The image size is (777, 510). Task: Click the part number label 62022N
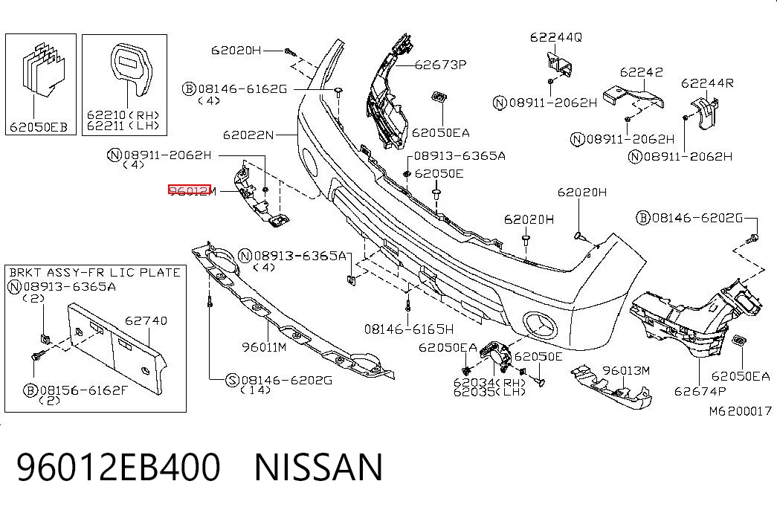(x=248, y=135)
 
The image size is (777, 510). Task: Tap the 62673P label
(x=440, y=65)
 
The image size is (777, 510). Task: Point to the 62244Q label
(x=556, y=37)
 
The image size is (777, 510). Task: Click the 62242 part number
(x=641, y=72)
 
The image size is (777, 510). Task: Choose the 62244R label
(x=707, y=83)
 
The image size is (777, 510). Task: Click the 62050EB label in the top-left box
(x=38, y=127)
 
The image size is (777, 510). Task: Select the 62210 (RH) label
(x=123, y=115)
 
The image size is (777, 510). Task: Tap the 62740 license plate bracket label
(x=146, y=320)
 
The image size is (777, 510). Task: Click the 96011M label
(x=264, y=347)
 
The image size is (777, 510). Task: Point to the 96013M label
(x=626, y=371)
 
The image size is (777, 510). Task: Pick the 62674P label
(x=700, y=392)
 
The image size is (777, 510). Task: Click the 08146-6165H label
(x=409, y=329)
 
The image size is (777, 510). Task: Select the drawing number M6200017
(x=741, y=411)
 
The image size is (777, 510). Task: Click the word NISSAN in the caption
(x=319, y=467)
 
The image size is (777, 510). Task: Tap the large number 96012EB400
(x=119, y=467)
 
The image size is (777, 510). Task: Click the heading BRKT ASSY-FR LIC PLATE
(x=94, y=272)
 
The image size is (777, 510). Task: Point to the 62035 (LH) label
(x=489, y=392)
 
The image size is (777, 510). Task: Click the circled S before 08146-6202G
(x=232, y=381)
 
